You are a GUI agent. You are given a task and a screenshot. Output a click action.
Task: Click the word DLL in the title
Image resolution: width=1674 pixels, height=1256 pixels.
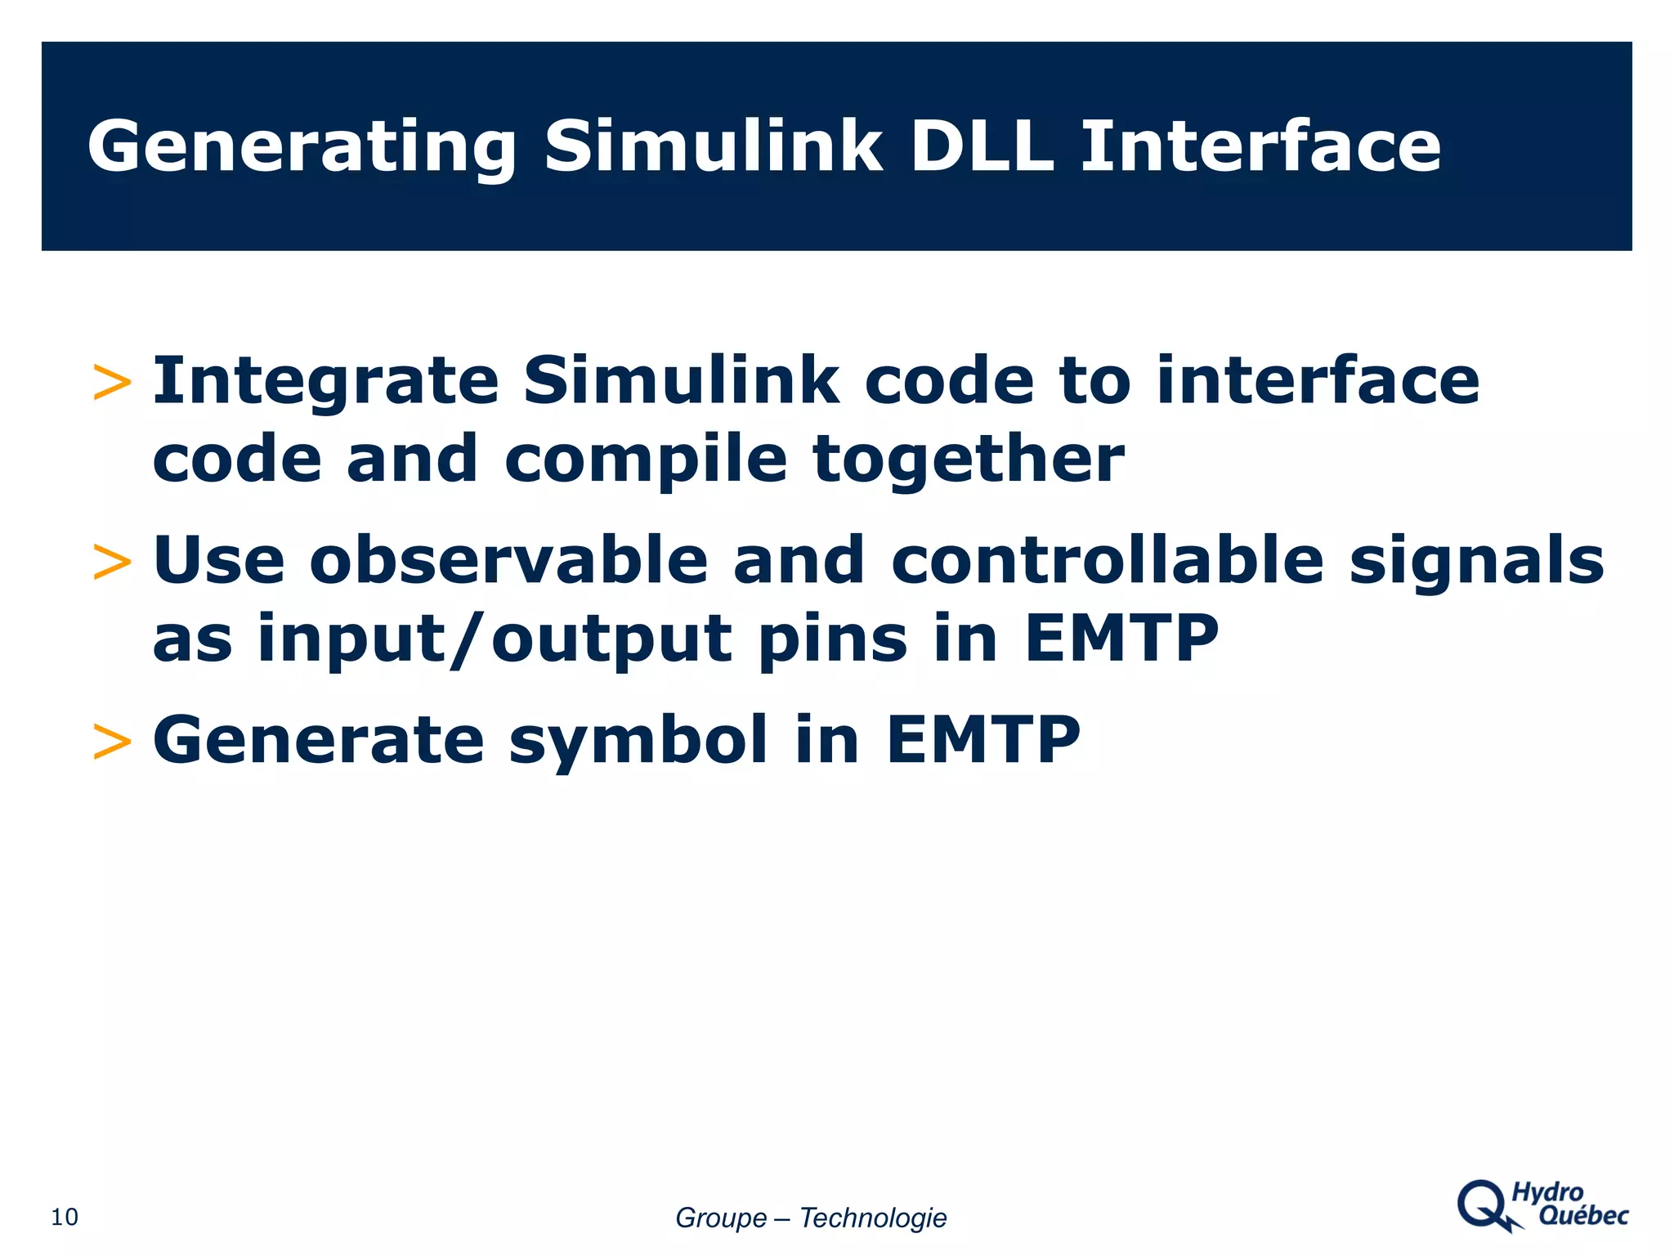tap(981, 147)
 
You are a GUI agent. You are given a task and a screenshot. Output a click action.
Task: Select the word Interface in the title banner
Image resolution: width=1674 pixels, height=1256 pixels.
tap(1260, 147)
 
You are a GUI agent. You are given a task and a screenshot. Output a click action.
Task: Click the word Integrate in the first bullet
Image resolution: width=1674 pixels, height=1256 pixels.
tap(325, 383)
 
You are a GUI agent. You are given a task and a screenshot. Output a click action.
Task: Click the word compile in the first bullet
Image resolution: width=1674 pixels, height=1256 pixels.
tap(645, 460)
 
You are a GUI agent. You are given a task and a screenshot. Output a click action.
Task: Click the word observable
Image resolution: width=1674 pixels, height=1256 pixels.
tap(508, 561)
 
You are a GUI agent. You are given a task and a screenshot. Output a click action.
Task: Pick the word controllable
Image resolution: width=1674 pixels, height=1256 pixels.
tap(1107, 561)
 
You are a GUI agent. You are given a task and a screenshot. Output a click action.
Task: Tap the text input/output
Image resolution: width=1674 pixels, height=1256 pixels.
tap(494, 640)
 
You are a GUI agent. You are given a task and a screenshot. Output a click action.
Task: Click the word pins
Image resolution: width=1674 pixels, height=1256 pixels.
tap(833, 640)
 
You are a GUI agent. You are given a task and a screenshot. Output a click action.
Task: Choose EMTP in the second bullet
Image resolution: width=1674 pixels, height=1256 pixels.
tap(1121, 639)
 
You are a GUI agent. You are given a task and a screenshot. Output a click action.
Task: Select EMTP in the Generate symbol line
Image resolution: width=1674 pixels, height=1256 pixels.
tap(982, 740)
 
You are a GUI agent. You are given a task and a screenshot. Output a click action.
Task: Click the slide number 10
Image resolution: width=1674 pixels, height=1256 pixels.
tap(65, 1217)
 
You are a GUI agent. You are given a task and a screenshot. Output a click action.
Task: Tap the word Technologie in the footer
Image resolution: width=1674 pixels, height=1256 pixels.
tap(872, 1218)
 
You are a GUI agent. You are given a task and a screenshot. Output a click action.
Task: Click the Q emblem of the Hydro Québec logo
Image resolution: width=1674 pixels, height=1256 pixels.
tap(1484, 1204)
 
